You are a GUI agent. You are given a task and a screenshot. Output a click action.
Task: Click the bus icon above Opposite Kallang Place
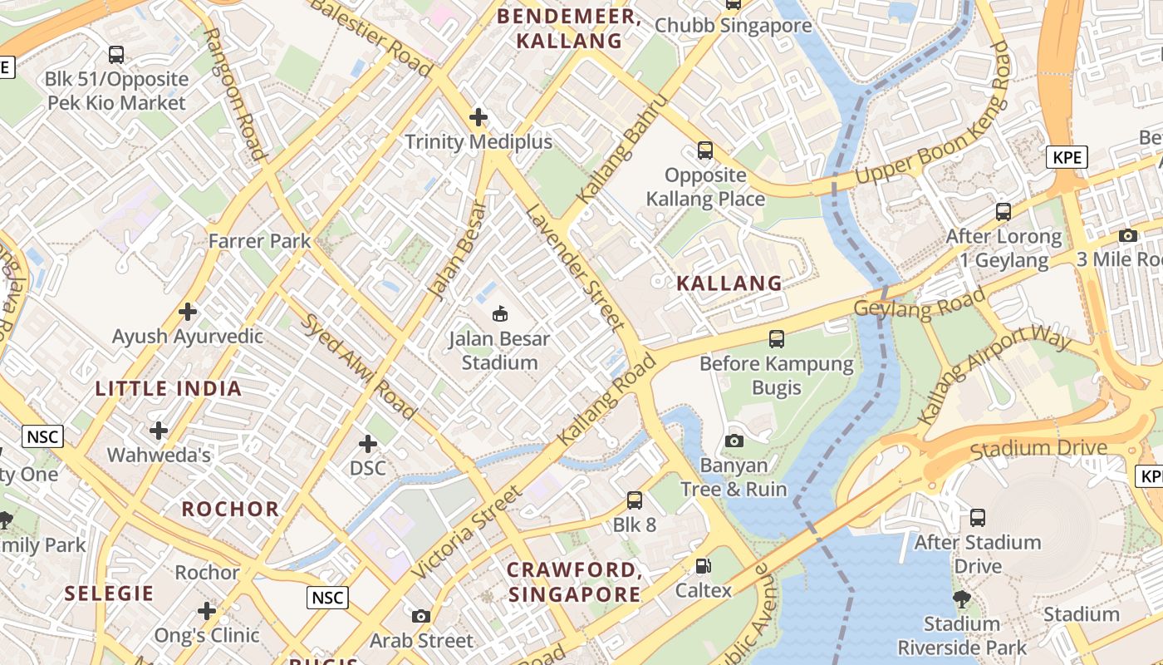tap(704, 150)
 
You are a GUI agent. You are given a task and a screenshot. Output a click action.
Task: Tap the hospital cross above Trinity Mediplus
tap(478, 117)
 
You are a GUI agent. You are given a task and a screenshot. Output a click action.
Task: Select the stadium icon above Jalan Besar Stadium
tap(500, 313)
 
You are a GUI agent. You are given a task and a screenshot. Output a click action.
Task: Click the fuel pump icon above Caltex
tap(704, 566)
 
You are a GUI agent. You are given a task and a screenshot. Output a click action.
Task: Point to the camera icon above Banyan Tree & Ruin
tap(734, 441)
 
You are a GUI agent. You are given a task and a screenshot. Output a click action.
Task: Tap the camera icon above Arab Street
tap(421, 616)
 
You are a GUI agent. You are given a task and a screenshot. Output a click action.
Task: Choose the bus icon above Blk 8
tap(635, 500)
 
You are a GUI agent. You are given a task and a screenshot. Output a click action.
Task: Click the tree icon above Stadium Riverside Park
tap(961, 598)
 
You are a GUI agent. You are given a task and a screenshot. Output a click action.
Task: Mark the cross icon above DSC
tap(367, 443)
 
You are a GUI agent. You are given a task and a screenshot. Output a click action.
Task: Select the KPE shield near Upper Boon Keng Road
tap(1067, 157)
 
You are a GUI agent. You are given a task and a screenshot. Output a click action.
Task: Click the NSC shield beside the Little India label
tap(43, 436)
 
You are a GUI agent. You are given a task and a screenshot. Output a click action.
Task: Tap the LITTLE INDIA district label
tap(169, 388)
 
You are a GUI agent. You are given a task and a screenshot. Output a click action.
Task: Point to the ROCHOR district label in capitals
tap(230, 509)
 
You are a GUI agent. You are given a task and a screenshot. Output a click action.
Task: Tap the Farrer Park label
tap(259, 241)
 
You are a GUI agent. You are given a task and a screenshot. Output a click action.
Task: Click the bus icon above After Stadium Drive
tap(978, 518)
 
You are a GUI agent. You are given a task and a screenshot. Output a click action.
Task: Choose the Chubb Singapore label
tap(733, 25)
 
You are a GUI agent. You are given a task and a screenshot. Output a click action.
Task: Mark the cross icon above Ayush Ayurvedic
tap(189, 312)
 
